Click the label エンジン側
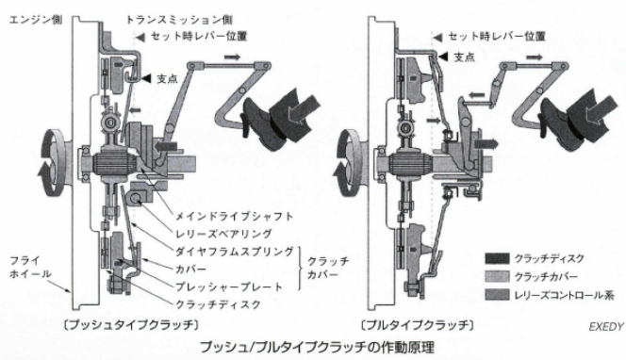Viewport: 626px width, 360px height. click(x=36, y=20)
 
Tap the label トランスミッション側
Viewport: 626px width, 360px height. click(x=179, y=20)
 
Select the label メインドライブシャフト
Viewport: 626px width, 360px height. click(x=235, y=217)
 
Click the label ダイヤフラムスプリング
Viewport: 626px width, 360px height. click(x=235, y=252)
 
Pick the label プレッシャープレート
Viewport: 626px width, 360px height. click(x=229, y=286)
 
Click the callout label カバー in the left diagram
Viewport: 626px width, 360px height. click(x=191, y=269)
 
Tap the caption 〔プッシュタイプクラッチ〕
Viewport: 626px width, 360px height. click(x=131, y=325)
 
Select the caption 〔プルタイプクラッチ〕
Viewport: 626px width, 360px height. click(x=418, y=325)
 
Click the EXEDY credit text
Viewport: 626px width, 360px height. click(x=606, y=327)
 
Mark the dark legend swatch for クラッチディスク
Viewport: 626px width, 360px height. click(x=497, y=258)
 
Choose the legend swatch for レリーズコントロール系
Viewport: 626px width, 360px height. click(x=497, y=295)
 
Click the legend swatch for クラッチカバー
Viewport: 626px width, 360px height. click(x=497, y=276)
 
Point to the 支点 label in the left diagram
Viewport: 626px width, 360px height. click(x=167, y=78)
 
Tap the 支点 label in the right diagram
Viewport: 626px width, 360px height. click(x=465, y=57)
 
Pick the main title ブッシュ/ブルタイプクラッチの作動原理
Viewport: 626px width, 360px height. click(x=317, y=347)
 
